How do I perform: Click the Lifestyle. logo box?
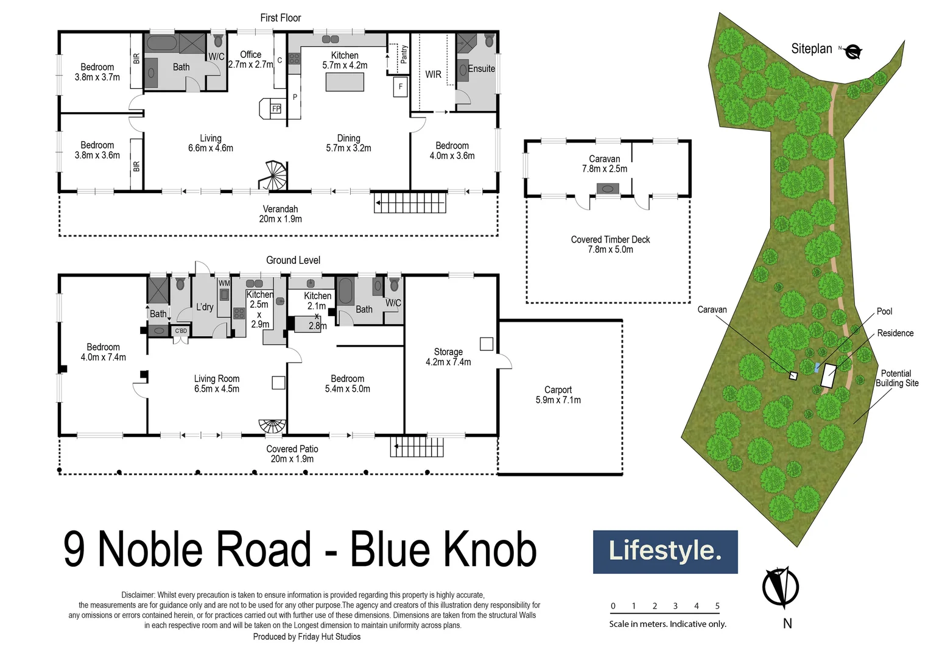(x=665, y=551)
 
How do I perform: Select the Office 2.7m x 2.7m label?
(x=251, y=59)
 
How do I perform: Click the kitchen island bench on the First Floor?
(x=345, y=82)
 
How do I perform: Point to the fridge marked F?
(x=401, y=87)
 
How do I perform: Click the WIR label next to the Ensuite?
(x=433, y=74)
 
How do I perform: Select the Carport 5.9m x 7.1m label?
(x=558, y=395)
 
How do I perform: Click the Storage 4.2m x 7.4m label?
(x=448, y=357)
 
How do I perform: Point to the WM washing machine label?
(x=224, y=283)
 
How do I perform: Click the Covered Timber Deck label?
(x=610, y=244)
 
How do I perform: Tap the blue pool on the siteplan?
(x=817, y=367)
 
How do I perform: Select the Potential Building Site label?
(x=896, y=378)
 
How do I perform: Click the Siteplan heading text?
(x=811, y=49)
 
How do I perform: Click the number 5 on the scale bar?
(x=717, y=606)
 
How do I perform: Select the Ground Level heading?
(x=293, y=260)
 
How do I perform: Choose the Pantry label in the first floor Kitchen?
(x=404, y=54)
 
